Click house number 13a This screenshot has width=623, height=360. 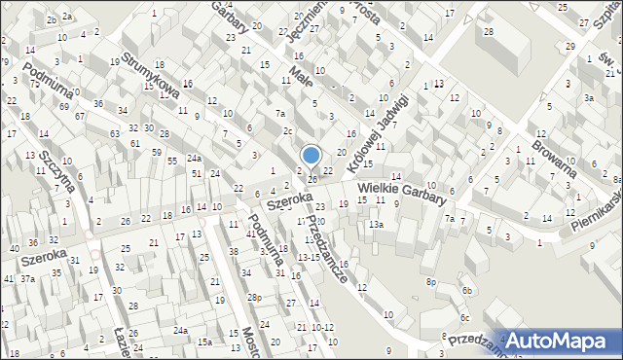pyautogui.click(x=376, y=225)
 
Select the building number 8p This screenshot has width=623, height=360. pyautogui.click(x=430, y=281)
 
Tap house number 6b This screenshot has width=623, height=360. pyautogui.click(x=467, y=290)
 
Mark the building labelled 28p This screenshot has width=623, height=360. pyautogui.click(x=253, y=297)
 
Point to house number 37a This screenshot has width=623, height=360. pyautogui.click(x=29, y=279)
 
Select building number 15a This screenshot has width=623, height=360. pyautogui.click(x=204, y=342)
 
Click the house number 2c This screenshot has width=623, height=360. pyautogui.click(x=288, y=131)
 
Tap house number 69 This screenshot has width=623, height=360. pyautogui.click(x=63, y=105)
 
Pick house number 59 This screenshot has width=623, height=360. pyautogui.click(x=157, y=153)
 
